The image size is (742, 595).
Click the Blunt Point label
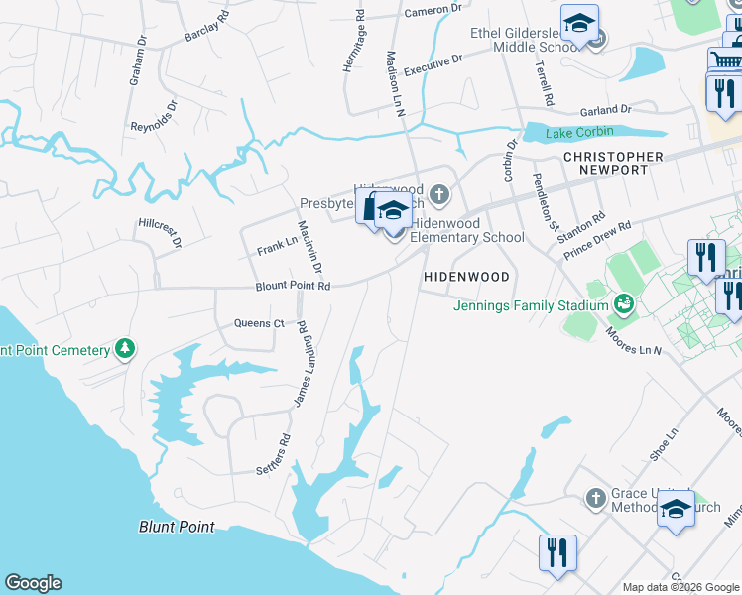(x=177, y=527)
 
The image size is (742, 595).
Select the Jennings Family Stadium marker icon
(x=624, y=302)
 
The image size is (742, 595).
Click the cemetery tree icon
(x=125, y=348)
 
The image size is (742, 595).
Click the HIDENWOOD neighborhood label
(x=466, y=277)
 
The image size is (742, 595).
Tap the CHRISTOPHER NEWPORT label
(x=613, y=163)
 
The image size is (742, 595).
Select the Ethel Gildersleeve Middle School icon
(x=579, y=21)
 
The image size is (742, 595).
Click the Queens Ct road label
(x=259, y=323)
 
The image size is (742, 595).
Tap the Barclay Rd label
(x=206, y=29)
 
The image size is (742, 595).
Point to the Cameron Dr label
(x=433, y=10)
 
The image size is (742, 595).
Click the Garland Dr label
(x=607, y=110)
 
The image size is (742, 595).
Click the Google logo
(x=33, y=583)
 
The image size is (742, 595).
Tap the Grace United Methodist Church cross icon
(x=595, y=497)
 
